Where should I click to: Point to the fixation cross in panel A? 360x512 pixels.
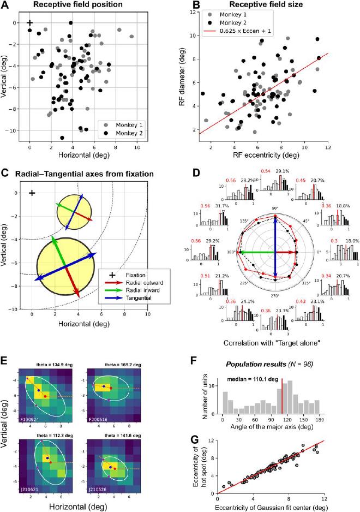tap(29, 23)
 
